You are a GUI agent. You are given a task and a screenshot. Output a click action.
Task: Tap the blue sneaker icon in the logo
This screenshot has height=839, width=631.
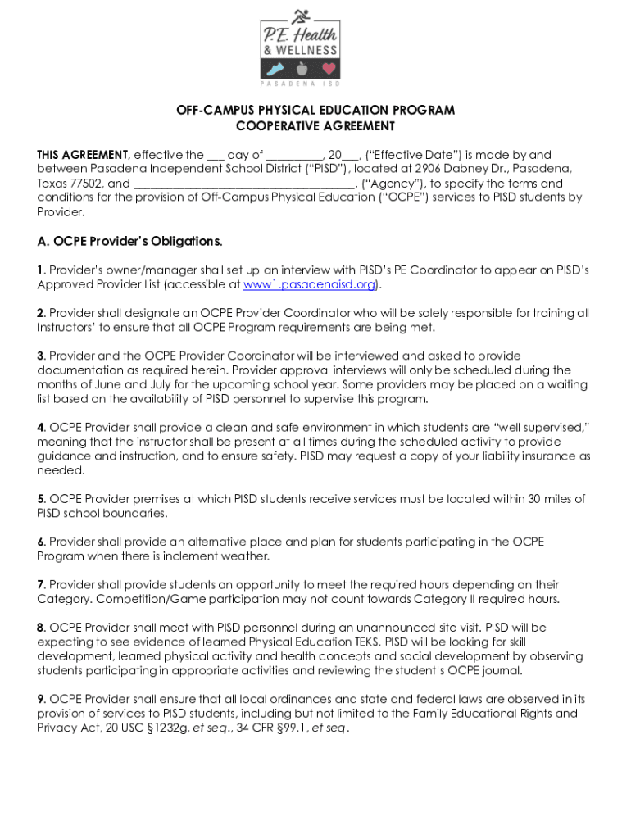(x=275, y=69)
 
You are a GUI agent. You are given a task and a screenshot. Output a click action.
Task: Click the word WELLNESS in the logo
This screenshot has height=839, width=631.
(x=306, y=49)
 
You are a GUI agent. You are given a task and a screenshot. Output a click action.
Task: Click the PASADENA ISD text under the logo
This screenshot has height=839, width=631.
(x=299, y=84)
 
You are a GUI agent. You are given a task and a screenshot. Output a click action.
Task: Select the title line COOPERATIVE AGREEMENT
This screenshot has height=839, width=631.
(x=315, y=126)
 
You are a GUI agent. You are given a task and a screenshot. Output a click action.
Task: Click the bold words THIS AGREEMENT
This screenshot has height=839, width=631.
(x=83, y=155)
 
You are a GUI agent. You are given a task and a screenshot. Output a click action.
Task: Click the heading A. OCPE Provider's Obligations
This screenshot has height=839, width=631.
(x=129, y=242)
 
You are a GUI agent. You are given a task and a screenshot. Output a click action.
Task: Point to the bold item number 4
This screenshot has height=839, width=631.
(x=41, y=428)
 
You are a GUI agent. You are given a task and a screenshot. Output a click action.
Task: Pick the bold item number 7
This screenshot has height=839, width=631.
(x=41, y=585)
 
